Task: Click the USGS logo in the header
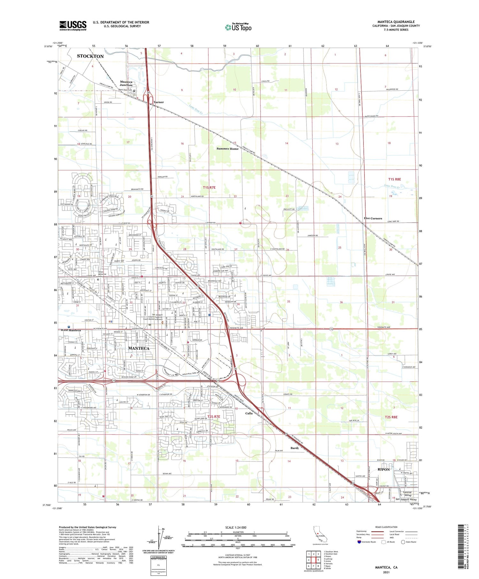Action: [x=73, y=26]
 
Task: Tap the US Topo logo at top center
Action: [x=238, y=27]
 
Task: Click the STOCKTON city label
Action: [x=90, y=56]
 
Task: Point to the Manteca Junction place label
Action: [x=126, y=83]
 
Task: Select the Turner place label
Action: [x=158, y=102]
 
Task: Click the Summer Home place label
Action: [x=227, y=149]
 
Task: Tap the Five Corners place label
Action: [x=373, y=218]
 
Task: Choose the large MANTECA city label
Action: [x=139, y=348]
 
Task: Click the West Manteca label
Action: [x=71, y=330]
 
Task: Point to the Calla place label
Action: [x=249, y=413]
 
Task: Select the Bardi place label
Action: [x=294, y=448]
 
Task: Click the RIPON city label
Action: [x=384, y=469]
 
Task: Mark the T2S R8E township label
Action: [x=391, y=417]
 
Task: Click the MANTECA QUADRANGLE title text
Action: [x=396, y=22]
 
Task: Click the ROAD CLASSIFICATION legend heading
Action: [x=386, y=527]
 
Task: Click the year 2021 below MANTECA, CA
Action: [x=386, y=572]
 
